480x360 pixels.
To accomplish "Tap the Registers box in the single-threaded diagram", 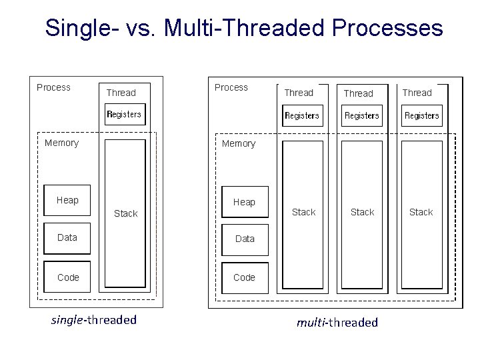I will [x=125, y=114].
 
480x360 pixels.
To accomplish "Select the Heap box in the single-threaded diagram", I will [x=67, y=200].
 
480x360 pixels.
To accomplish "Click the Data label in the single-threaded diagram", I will [x=67, y=237].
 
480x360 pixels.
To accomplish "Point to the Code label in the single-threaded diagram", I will [x=68, y=277].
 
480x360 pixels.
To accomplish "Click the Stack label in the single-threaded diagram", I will [x=125, y=213].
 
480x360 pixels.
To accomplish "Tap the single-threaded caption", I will [x=94, y=319].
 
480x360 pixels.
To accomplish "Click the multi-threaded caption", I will [x=337, y=323].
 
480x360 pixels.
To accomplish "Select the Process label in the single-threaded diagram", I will [x=53, y=87].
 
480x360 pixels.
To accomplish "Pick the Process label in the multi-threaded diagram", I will [x=231, y=87].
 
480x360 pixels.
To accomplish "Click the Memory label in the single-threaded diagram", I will [x=61, y=143].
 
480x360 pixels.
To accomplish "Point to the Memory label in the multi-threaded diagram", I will [x=239, y=143].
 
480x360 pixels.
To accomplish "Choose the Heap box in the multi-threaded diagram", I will [x=244, y=202].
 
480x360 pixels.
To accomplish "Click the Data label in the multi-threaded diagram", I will [x=245, y=239].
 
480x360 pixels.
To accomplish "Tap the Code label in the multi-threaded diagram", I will [x=245, y=277].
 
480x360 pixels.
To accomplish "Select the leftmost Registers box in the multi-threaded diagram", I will [x=302, y=115].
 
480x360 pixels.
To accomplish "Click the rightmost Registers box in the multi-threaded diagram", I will [x=422, y=115].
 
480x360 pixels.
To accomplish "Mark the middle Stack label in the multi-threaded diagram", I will [x=363, y=212].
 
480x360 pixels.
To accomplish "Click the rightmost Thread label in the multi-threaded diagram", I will [x=417, y=93].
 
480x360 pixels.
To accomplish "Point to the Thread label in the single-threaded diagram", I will [x=121, y=93].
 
